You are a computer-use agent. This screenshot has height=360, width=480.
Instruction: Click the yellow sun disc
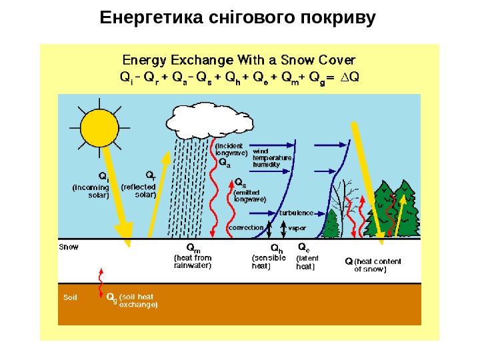coord(99,128)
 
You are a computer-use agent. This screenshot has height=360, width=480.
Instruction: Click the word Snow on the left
coord(69,247)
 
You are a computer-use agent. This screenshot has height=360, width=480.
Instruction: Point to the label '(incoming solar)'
coord(91,191)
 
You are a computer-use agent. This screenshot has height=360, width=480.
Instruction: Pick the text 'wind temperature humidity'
coord(271,158)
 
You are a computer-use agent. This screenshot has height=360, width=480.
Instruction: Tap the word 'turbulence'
coord(297,213)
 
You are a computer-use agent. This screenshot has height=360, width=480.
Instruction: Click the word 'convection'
coord(246,227)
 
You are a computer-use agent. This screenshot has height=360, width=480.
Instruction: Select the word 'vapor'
coord(297,227)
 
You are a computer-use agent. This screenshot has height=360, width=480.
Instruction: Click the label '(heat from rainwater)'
coord(192,261)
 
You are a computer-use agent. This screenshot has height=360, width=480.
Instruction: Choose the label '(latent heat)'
coord(307,261)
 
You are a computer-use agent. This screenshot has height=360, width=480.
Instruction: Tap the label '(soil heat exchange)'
coord(139,302)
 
